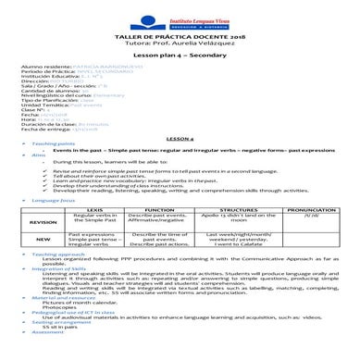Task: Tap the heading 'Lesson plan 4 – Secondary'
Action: pos(180,56)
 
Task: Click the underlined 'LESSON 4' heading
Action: pos(180,137)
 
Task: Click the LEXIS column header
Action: pos(91,209)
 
